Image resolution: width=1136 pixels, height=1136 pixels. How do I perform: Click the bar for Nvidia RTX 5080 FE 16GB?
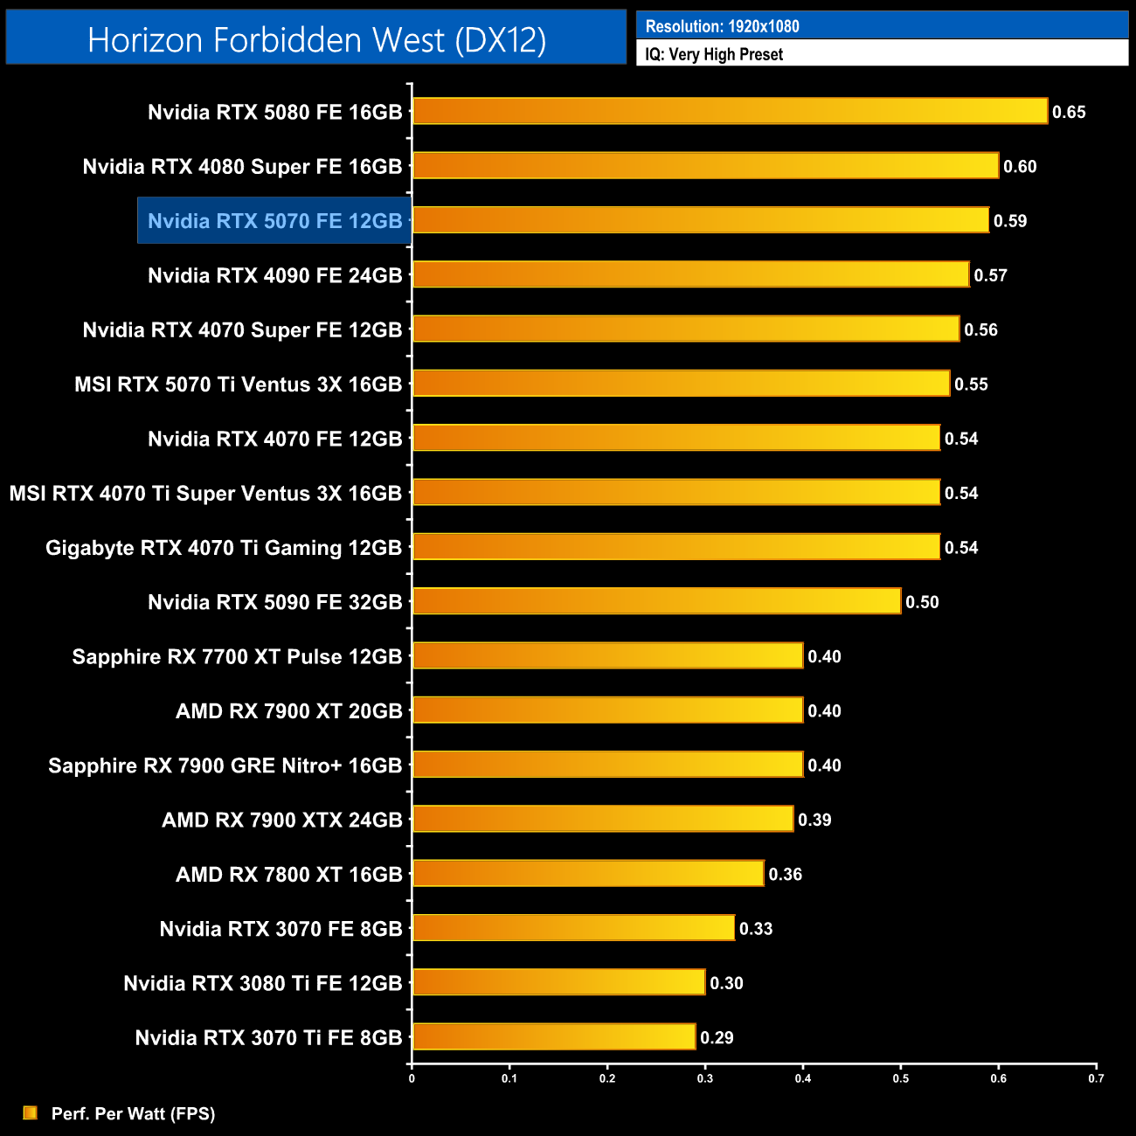click(730, 111)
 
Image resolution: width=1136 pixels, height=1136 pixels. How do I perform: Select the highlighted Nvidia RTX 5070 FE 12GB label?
click(274, 221)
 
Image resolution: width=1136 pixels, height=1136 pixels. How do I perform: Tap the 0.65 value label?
click(1069, 112)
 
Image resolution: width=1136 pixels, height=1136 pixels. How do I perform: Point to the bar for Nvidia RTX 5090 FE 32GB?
click(656, 601)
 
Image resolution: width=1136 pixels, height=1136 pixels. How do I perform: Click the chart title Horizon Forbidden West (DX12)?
click(316, 39)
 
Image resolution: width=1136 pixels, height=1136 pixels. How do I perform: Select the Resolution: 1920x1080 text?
click(722, 26)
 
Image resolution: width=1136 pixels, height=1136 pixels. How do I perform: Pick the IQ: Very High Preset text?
click(714, 54)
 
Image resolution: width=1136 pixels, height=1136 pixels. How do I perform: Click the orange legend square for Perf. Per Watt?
click(31, 1112)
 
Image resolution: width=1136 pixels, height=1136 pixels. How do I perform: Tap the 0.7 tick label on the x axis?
click(1096, 1078)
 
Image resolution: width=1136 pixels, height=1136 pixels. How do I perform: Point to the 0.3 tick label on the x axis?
click(705, 1078)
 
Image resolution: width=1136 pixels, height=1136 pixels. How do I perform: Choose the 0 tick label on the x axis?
click(412, 1078)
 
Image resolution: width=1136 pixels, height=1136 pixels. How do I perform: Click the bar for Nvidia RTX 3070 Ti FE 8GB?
click(554, 1037)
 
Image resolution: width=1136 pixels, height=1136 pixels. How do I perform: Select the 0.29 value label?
click(717, 1038)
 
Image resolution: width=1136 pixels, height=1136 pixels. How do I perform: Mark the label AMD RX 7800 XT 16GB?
click(288, 875)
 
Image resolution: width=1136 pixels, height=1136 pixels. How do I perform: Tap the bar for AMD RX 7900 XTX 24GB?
click(603, 819)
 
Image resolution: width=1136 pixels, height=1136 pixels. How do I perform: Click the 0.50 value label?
click(922, 602)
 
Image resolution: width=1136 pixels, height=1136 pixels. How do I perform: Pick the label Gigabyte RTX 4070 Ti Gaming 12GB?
click(224, 548)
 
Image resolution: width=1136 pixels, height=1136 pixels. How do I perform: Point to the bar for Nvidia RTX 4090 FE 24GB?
click(690, 274)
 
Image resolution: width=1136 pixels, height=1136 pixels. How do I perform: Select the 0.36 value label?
click(785, 875)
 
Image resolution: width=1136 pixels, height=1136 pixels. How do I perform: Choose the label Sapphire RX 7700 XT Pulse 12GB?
click(237, 657)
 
